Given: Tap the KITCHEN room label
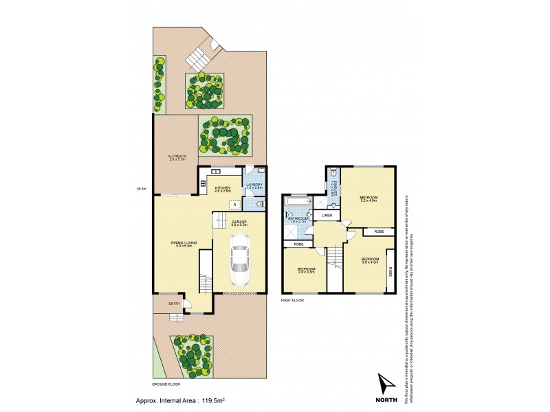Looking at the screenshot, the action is pyautogui.click(x=222, y=187).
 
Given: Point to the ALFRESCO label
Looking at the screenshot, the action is pyautogui.click(x=177, y=157).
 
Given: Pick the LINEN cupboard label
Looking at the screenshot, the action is pyautogui.click(x=327, y=216).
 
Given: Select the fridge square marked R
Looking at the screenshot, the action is pyautogui.click(x=234, y=204).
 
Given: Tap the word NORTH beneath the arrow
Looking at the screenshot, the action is pyautogui.click(x=386, y=398).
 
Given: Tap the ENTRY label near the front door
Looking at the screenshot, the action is pyautogui.click(x=175, y=304).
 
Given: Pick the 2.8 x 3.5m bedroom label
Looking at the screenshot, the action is pyautogui.click(x=305, y=269).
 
